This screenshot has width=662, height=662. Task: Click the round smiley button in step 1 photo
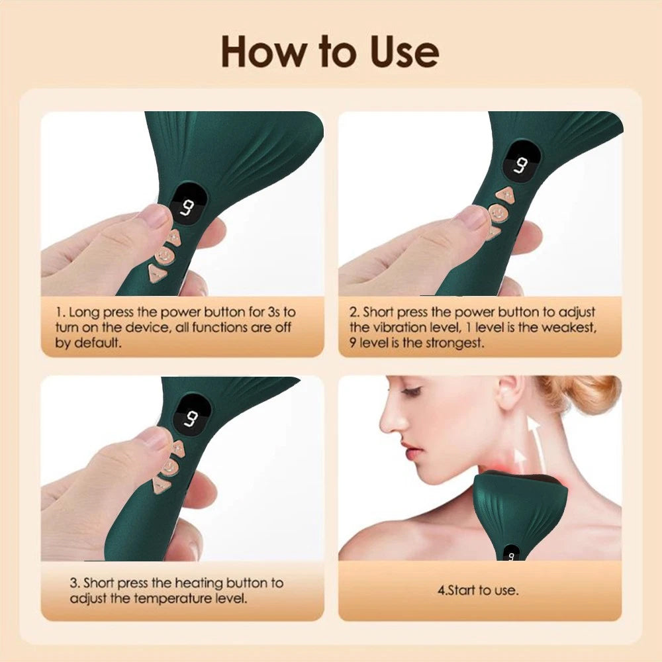click(164, 254)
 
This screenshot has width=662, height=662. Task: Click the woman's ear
click(506, 396)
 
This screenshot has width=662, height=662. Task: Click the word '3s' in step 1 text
click(273, 312)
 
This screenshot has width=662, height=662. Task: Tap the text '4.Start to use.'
click(478, 591)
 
